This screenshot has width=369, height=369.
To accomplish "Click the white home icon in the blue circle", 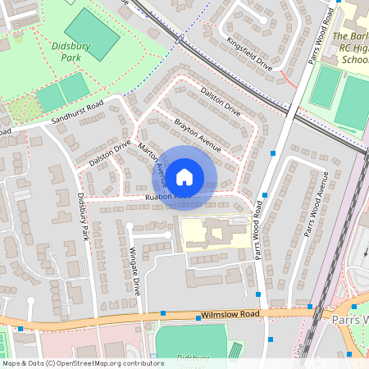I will pos(184,175).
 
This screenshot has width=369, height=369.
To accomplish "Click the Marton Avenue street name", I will pos(153,162).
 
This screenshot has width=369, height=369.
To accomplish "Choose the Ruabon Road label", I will pos(167,197).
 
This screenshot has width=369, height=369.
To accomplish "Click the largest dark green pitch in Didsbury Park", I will pos(93,34).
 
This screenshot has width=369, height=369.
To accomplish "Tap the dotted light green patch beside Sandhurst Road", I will pos(21,107).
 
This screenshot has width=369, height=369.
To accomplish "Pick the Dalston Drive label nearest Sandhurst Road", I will pos(110,154).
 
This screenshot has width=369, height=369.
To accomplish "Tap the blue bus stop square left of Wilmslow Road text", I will pos(163,313).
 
